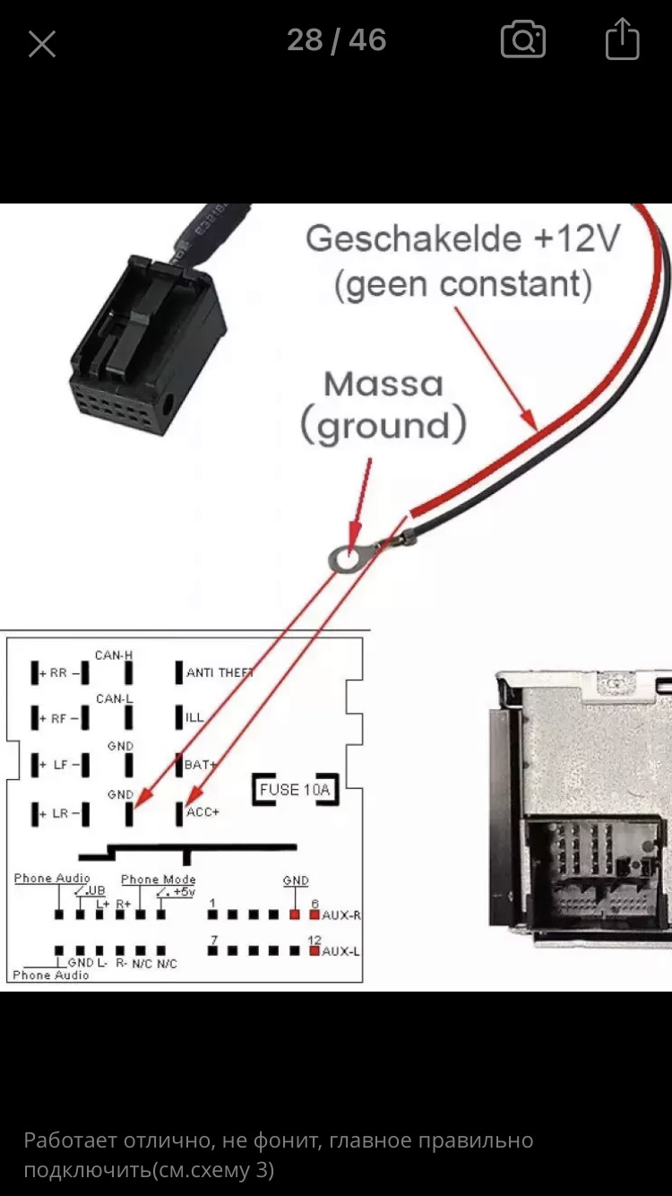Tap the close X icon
(42, 43)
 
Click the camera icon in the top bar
(522, 40)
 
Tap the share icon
(622, 40)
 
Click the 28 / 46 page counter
(336, 40)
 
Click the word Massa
(383, 385)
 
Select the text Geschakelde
(413, 239)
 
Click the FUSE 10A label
(295, 790)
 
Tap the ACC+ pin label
(202, 812)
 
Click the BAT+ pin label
(201, 765)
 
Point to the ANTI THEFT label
(220, 672)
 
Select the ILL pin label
(194, 718)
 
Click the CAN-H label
(114, 655)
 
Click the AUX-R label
(340, 915)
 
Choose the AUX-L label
(340, 950)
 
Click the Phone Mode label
(158, 880)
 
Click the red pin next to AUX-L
(314, 950)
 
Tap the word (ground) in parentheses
(383, 428)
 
